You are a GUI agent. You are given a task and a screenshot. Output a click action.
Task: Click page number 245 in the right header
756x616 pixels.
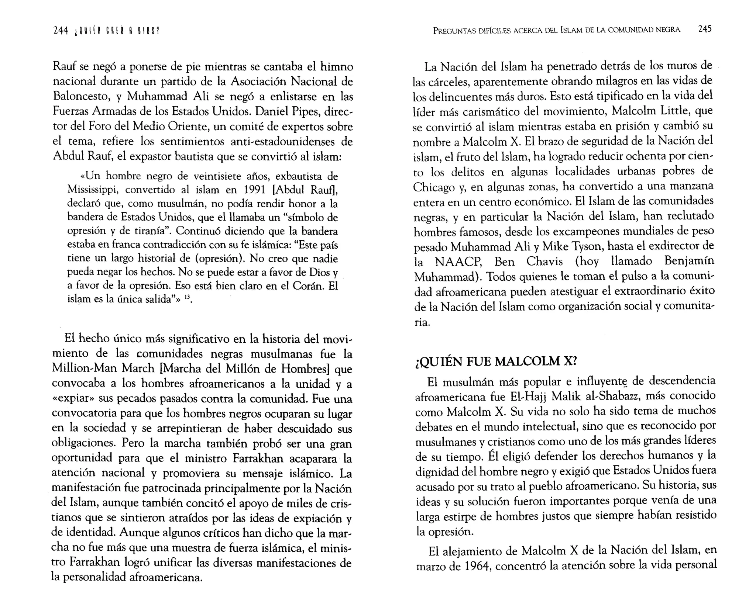tap(705, 29)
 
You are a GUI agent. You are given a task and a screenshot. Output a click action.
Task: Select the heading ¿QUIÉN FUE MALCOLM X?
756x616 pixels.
tap(496, 361)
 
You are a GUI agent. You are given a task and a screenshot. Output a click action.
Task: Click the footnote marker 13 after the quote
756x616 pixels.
tap(187, 297)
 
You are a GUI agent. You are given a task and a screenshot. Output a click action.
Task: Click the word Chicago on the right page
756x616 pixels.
tap(434, 187)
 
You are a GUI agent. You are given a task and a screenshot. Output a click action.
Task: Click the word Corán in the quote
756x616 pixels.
tap(308, 286)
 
